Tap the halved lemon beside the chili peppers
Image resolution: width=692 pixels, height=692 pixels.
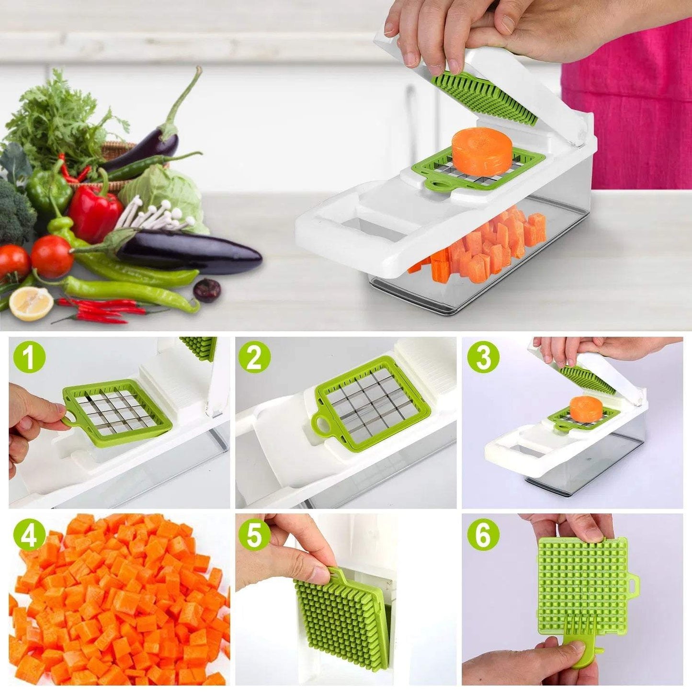(x=31, y=303)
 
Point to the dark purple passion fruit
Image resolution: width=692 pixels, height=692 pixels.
(x=207, y=290)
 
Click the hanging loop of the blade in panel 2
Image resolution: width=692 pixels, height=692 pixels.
(x=321, y=423)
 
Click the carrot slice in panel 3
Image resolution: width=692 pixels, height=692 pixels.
(x=586, y=408)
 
